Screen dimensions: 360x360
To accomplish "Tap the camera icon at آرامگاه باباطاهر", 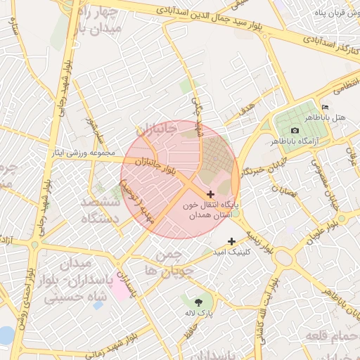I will [x=295, y=130].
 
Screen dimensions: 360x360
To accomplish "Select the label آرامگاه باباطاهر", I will [x=323, y=141].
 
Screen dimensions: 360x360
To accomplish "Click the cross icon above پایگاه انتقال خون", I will [x=211, y=193].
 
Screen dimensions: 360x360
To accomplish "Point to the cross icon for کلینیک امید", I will [x=231, y=241].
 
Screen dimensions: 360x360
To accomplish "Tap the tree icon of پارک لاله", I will [x=208, y=301].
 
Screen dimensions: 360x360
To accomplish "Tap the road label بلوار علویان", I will [x=319, y=233].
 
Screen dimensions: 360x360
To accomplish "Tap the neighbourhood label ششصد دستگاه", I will [x=101, y=209].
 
